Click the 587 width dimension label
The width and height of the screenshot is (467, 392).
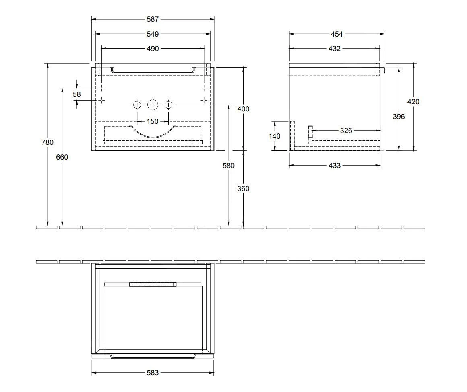tap(153, 19)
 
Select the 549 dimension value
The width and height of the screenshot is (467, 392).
tap(153, 34)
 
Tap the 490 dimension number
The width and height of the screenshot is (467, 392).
tap(153, 49)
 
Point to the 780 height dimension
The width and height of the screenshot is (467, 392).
tap(47, 142)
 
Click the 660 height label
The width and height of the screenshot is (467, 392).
tap(62, 157)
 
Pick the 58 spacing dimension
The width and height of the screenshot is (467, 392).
tap(76, 94)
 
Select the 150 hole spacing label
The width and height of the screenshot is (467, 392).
tap(153, 121)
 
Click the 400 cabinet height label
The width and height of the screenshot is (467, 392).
tap(243, 109)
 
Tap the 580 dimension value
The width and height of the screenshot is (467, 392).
tap(228, 165)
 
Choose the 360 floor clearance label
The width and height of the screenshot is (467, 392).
tap(243, 189)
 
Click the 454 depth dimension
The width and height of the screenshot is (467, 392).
tap(337, 34)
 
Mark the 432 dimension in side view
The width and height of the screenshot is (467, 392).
tap(335, 49)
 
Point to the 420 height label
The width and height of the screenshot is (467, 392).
tap(413, 102)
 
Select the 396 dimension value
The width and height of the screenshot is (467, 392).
tap(399, 116)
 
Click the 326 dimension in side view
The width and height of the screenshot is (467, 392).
tap(346, 131)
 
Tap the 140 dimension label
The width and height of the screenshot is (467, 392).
tap(275, 136)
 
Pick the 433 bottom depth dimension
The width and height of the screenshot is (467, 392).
tap(335, 165)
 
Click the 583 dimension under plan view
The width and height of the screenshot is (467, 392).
tap(153, 373)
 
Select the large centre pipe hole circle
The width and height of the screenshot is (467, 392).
tap(153, 105)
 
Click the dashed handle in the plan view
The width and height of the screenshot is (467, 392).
tap(153, 284)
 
